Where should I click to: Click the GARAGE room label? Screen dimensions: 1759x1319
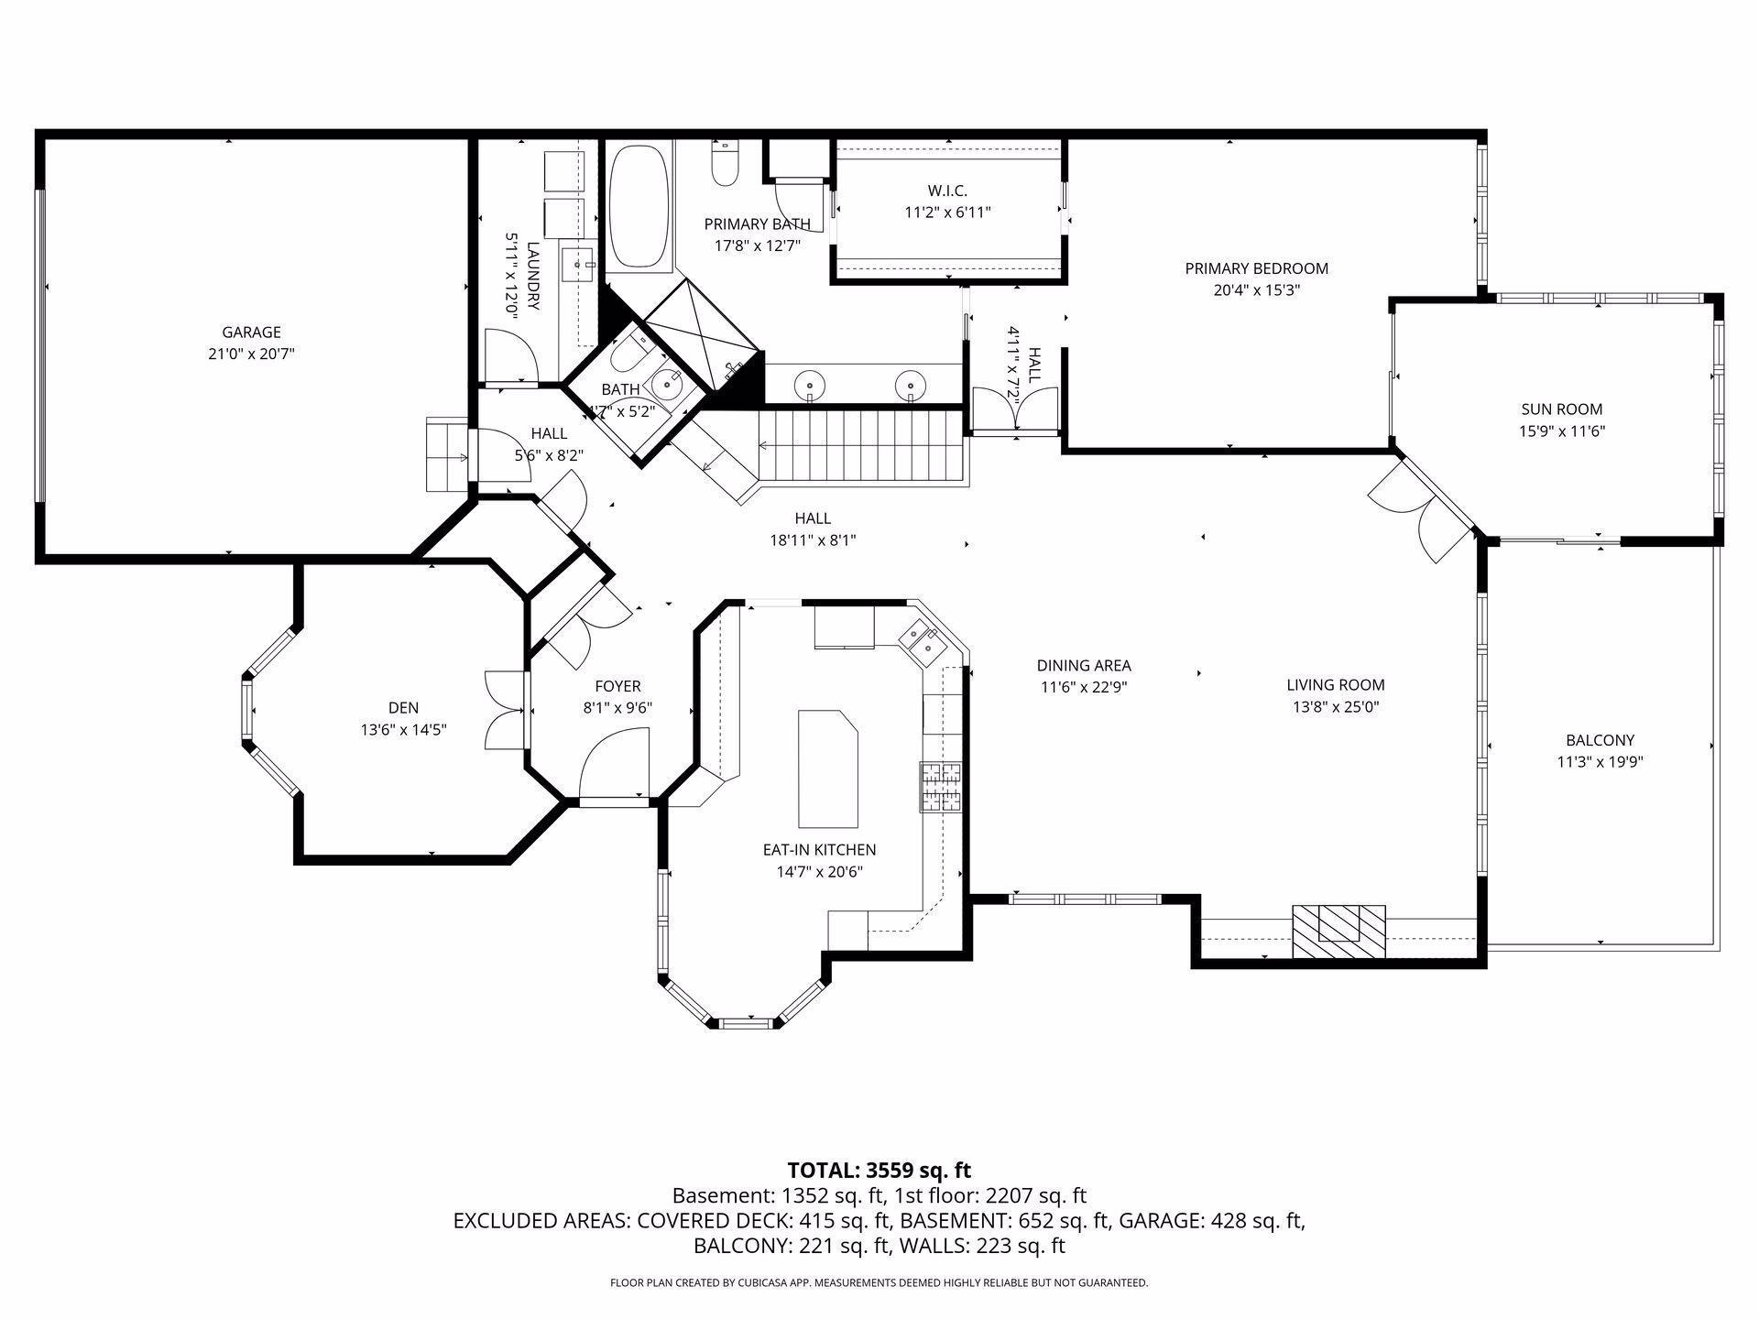point(251,332)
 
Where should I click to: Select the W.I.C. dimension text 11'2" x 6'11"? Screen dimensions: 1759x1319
point(947,213)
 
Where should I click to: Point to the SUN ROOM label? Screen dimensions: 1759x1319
point(1562,409)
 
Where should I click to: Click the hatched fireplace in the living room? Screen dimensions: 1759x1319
point(1338,932)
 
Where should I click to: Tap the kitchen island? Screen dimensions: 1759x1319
point(827,769)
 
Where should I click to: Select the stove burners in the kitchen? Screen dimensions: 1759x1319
point(942,787)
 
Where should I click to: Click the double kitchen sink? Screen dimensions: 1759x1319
point(927,640)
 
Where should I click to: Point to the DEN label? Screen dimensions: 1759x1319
point(403,708)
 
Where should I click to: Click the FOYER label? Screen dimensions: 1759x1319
point(617,686)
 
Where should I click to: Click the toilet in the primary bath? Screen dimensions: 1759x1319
point(726,163)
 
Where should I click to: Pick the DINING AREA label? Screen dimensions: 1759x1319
point(1084,666)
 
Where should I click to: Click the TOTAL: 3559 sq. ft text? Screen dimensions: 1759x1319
point(879,1170)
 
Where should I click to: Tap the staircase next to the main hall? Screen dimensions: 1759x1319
point(861,446)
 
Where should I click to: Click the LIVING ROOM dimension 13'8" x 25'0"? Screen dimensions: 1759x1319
point(1335,707)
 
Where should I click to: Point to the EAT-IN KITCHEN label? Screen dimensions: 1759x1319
point(819,850)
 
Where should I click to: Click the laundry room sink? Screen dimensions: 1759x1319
point(579,265)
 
